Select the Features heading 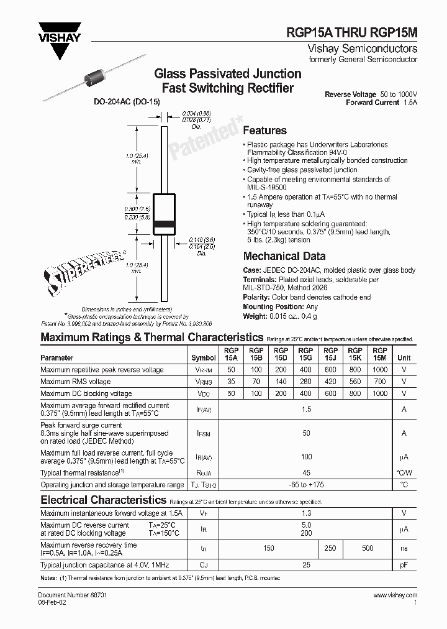264,131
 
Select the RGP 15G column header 305,354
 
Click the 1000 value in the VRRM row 380,370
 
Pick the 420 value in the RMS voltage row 330,382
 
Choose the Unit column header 404,358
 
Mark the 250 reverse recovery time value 330,548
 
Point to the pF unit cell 404,565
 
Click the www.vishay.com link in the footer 395,595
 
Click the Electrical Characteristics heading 103,500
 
